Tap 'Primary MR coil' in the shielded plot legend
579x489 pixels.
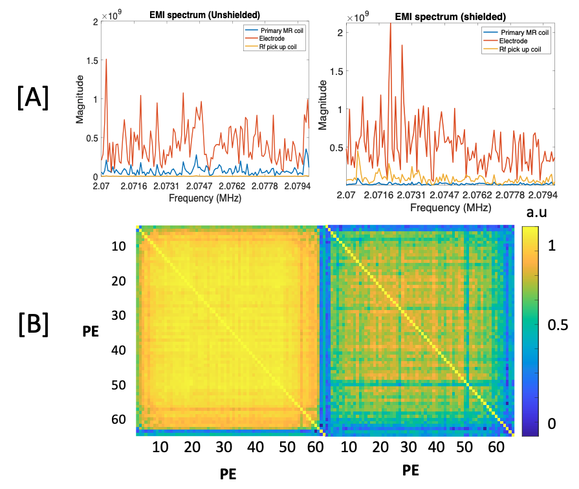pos(524,32)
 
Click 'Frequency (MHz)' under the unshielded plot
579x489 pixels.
pos(205,199)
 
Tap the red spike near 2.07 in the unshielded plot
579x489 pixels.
pos(106,60)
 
